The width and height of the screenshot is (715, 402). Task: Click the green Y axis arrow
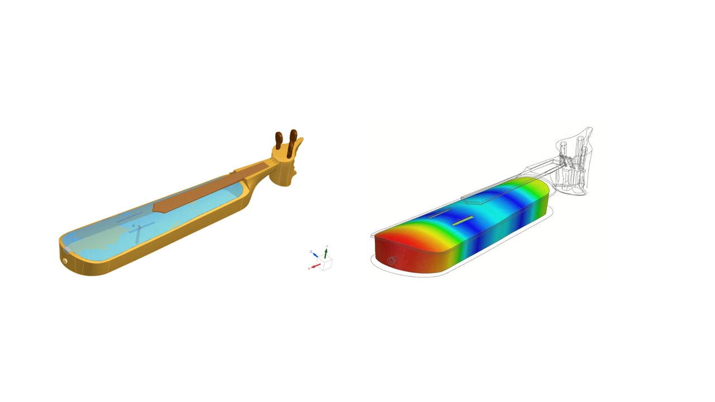point(326,253)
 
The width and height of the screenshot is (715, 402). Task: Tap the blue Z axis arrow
point(315,255)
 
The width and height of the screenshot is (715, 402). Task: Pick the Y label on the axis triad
point(326,246)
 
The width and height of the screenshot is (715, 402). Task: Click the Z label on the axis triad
point(311,252)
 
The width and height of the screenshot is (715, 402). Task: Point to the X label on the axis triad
point(309,269)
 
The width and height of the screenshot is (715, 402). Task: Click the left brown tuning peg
point(279,140)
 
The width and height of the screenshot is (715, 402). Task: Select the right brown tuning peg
point(293,138)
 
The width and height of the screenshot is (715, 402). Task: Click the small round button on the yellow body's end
point(65,261)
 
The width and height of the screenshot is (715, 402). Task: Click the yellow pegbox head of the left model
point(286,165)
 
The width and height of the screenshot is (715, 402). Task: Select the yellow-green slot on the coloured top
point(463,221)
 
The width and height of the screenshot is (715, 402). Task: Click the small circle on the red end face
point(391,261)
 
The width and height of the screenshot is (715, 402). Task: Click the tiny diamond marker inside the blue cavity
point(134,226)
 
